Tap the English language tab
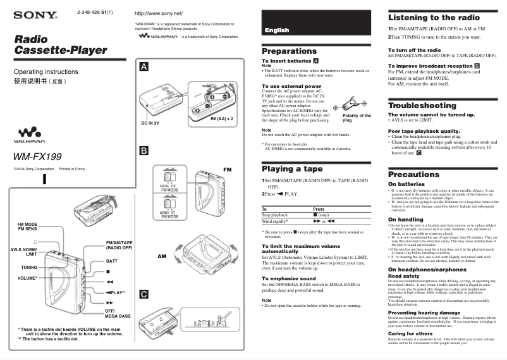coord(277,30)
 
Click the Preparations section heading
coord(289,51)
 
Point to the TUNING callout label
coord(28,268)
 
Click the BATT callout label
coord(112,261)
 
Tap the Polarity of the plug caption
coord(357,118)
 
